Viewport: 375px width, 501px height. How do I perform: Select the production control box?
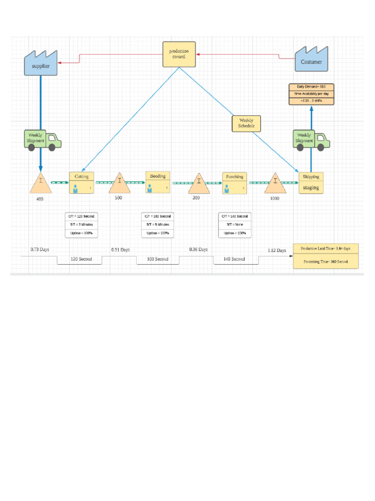(179, 54)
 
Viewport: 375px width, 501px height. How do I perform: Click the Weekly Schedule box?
(246, 123)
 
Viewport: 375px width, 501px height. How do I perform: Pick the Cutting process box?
(82, 182)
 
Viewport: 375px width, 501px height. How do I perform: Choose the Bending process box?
(158, 182)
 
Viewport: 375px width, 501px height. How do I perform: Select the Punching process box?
(234, 182)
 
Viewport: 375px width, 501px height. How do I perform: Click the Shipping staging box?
(311, 182)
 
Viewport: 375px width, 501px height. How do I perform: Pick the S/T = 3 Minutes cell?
(82, 225)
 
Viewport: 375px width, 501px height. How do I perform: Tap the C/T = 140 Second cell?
(234, 216)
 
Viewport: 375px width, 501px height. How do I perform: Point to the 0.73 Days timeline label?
(40, 250)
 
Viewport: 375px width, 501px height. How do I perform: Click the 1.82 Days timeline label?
(277, 250)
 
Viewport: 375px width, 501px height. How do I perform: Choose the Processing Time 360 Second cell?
(326, 262)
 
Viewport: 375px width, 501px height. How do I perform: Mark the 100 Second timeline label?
(158, 259)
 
